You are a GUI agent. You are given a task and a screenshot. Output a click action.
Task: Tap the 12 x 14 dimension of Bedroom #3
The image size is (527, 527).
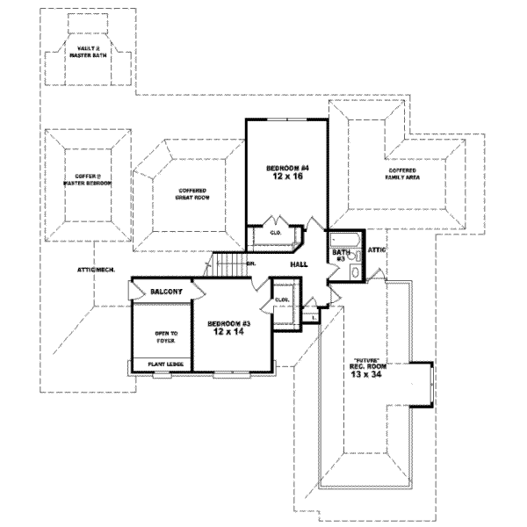click(x=230, y=333)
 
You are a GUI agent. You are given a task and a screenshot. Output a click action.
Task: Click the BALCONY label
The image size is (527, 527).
click(x=166, y=291)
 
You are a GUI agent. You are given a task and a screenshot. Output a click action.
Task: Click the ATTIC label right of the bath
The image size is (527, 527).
click(x=377, y=250)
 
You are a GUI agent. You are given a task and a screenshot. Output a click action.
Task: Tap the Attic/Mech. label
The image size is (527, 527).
click(x=96, y=270)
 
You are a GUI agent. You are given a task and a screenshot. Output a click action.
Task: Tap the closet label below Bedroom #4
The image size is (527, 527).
click(x=275, y=233)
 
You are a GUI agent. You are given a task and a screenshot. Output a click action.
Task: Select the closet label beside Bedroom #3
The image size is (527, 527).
click(x=282, y=300)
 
